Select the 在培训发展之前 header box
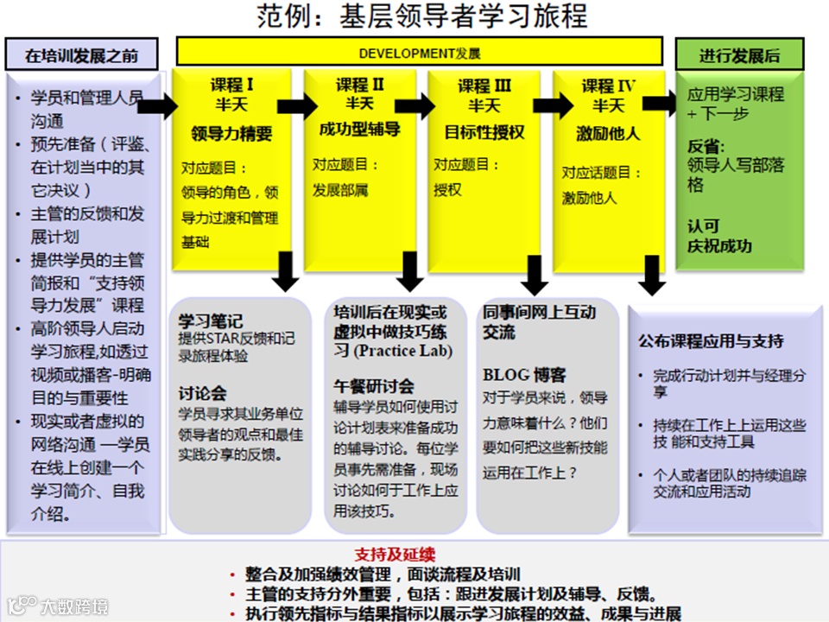(x=81, y=55)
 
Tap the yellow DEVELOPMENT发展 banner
(x=419, y=53)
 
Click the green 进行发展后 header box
(x=738, y=55)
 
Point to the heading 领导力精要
(x=231, y=134)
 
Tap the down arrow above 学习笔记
(x=285, y=272)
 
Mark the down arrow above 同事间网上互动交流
(x=536, y=275)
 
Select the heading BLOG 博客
(x=524, y=374)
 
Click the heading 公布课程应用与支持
(x=711, y=340)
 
